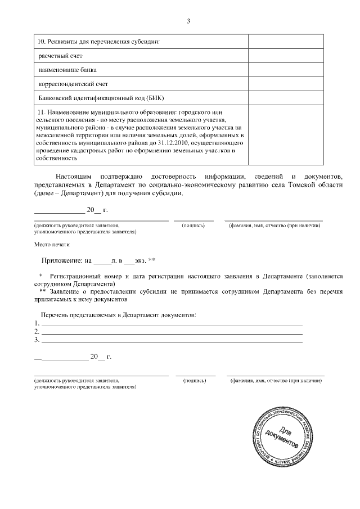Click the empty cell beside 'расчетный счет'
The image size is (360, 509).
coord(285,57)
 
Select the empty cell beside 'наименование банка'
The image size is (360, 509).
coord(285,70)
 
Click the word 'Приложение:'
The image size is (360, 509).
coord(62,261)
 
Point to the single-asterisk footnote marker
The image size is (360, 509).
coord(41,277)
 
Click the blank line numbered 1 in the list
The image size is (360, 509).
coord(172,323)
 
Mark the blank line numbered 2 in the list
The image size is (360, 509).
coord(172,332)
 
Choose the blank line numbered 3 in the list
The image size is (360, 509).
coord(172,340)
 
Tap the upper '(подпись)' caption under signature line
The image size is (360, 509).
coord(193,226)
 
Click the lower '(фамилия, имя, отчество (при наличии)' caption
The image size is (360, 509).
coord(276,381)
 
